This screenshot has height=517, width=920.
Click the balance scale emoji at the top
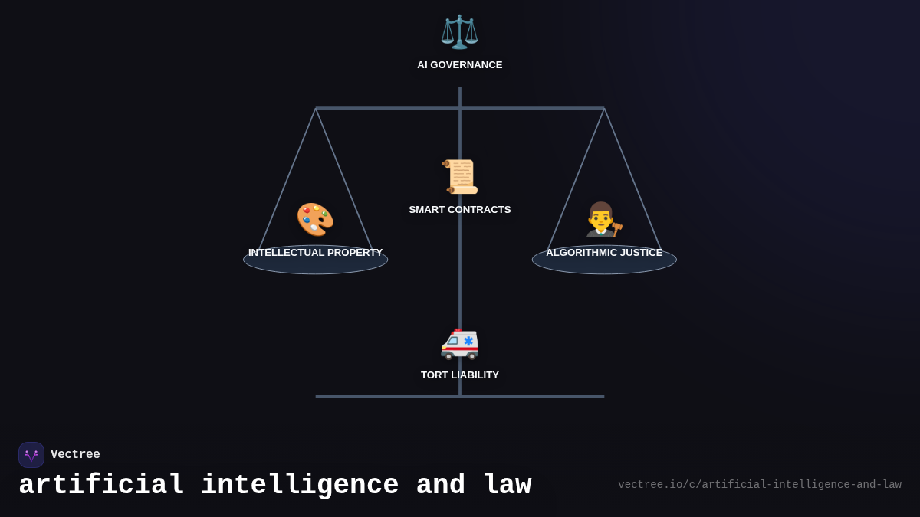point(459,32)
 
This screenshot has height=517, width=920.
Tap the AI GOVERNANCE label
point(460,65)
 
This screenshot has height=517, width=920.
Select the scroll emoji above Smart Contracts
point(460,177)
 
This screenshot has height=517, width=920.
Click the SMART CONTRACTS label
point(460,210)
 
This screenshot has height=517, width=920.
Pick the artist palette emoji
point(315,220)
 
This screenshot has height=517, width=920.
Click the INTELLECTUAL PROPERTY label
point(315,253)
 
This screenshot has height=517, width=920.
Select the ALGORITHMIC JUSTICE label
point(604,253)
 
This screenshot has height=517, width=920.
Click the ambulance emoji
point(460,342)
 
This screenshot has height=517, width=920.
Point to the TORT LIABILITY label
point(460,375)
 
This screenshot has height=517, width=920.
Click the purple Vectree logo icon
point(31,455)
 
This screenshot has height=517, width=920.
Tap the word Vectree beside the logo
point(75,455)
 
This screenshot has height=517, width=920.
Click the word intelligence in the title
point(300,486)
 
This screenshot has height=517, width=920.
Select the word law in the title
point(507,486)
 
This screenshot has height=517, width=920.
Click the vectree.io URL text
point(759,485)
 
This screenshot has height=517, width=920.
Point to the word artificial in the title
point(101,486)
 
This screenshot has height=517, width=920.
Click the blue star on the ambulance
point(468,341)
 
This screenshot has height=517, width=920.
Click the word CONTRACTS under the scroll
point(481,210)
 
